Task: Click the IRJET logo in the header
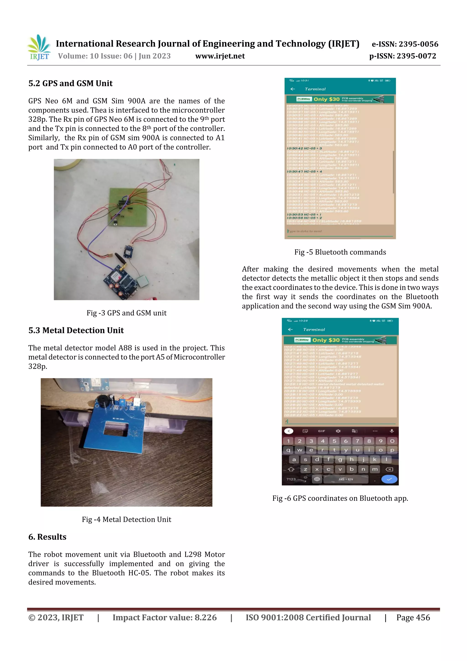(39, 47)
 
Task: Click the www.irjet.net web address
(220, 56)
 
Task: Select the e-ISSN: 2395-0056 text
(405, 44)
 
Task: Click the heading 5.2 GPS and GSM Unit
(70, 84)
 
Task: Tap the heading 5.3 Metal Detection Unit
(76, 330)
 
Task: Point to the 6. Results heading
(47, 537)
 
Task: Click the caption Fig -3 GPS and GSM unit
(126, 313)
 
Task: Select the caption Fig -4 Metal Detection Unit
(126, 519)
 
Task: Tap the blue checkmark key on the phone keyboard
(389, 479)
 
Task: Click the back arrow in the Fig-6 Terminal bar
(290, 329)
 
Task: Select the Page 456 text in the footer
(413, 617)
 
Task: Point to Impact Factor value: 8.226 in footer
(164, 617)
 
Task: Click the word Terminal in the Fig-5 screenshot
(315, 89)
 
